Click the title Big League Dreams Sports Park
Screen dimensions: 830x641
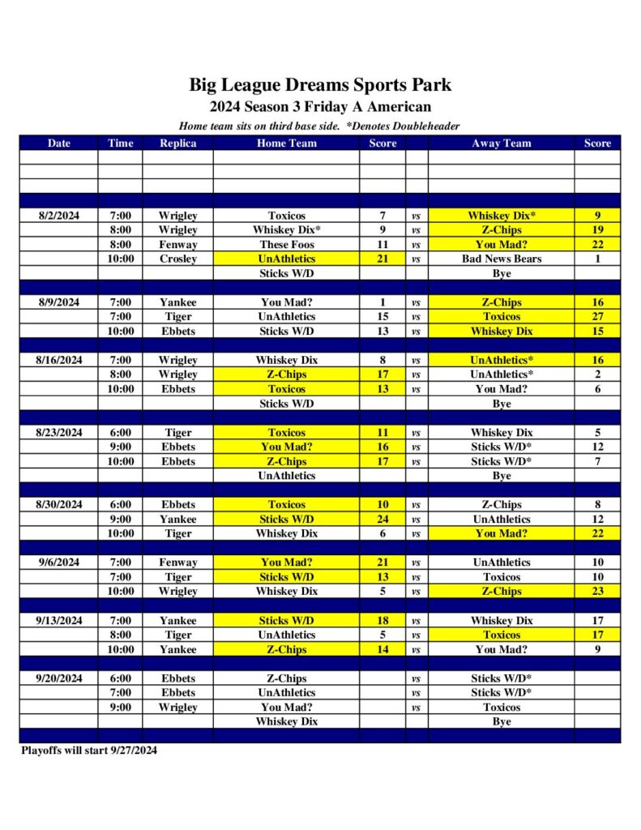[320, 84]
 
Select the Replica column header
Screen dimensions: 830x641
[177, 143]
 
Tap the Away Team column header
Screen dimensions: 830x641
[501, 143]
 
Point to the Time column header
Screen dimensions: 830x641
[120, 143]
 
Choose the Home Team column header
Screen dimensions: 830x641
[286, 143]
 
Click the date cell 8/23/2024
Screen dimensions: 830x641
[58, 433]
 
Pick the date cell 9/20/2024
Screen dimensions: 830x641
[58, 678]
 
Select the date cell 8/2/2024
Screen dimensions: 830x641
[58, 216]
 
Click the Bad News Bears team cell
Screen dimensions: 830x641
[501, 259]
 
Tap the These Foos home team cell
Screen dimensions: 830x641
[286, 245]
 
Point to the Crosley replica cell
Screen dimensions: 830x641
[177, 259]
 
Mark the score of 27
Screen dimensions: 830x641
[597, 317]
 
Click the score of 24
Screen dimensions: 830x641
[382, 520]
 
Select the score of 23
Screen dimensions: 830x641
[597, 592]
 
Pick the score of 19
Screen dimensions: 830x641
[597, 230]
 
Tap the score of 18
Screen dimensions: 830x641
[382, 621]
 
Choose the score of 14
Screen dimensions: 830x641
[382, 650]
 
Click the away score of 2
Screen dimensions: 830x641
[597, 374]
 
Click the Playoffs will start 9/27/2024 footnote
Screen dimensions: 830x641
[89, 751]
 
